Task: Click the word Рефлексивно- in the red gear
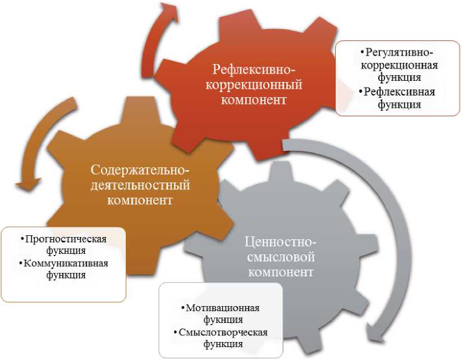[254, 70]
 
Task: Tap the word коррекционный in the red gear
[254, 85]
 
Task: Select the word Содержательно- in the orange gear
[140, 170]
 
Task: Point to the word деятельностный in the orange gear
[140, 185]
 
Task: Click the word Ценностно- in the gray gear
[281, 243]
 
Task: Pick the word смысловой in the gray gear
[281, 258]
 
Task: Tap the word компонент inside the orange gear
[140, 200]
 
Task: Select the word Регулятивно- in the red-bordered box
[401, 53]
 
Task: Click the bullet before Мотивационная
[182, 308]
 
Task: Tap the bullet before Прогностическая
[22, 239]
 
